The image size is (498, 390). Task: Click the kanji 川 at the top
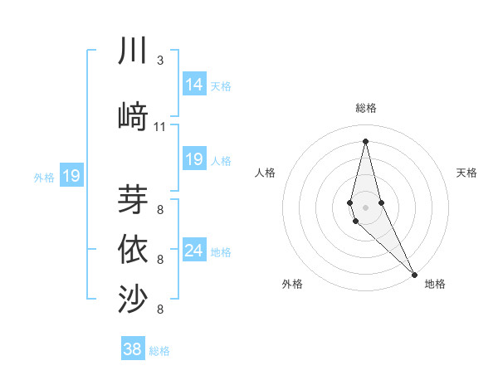[133, 51]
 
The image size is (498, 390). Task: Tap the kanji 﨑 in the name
[133, 116]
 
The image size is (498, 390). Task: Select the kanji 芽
[133, 199]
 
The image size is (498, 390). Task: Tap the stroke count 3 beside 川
[160, 61]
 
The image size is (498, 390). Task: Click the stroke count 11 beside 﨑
[160, 127]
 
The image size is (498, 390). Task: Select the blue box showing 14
[194, 85]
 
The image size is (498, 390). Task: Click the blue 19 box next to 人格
[194, 159]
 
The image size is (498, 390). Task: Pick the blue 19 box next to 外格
[71, 176]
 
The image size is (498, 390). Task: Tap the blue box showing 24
[194, 251]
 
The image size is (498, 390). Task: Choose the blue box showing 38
[133, 349]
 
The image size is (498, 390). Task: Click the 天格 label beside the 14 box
[221, 86]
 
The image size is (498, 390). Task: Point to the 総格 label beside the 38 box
[159, 351]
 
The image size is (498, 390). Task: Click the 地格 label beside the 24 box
[221, 252]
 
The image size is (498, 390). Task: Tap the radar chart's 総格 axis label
[365, 108]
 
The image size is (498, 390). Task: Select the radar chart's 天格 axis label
[466, 173]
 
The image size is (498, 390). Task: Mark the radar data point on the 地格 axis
[415, 274]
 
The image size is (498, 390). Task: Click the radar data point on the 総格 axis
[365, 140]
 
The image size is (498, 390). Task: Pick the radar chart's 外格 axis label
[292, 284]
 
